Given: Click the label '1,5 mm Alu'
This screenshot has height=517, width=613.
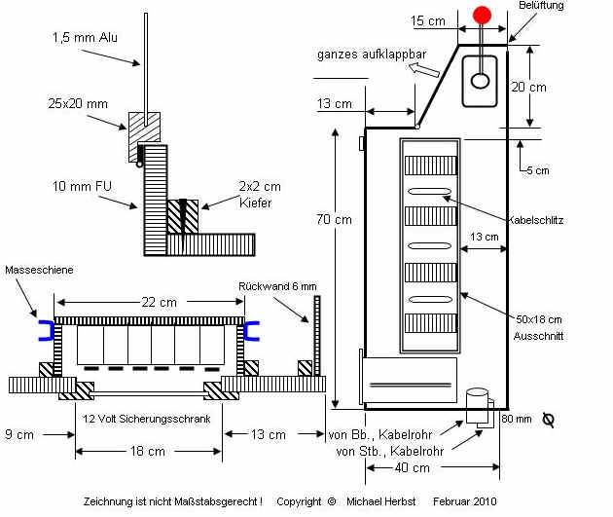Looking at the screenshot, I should coord(86,38).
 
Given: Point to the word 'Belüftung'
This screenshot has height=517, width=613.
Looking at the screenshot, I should coord(541,6).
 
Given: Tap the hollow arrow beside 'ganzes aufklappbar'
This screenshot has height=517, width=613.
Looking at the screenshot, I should coord(423,69).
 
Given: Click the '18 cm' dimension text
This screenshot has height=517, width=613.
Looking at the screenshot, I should coord(149,451).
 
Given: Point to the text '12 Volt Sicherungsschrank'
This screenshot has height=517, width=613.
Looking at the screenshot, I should coord(149,413).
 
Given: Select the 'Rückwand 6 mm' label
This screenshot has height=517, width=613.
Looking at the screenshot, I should coord(277,286).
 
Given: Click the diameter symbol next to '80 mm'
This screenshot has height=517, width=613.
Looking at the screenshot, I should coord(548,420).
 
